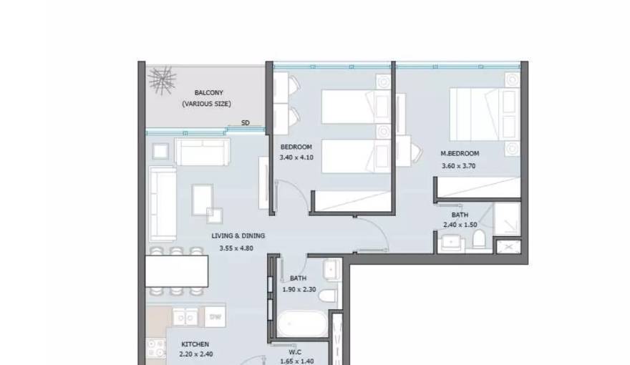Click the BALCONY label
point(208,93)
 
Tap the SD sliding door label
point(245,123)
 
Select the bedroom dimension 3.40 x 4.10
point(296,157)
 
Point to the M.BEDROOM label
point(460,153)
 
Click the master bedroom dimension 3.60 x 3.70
point(458,166)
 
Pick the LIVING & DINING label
point(238,235)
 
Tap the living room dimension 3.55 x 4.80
point(236,248)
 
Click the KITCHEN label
point(195,344)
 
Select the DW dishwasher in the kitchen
point(215,317)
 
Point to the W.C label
point(295,352)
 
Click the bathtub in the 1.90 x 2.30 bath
point(302,324)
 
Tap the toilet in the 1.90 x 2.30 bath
point(328,296)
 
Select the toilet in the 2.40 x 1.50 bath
point(479,239)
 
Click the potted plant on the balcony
point(162,81)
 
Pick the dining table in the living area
point(177,271)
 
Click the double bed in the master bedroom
point(485,115)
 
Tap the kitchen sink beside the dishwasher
point(185,317)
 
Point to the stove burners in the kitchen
point(156,349)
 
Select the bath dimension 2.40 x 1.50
point(460,225)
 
